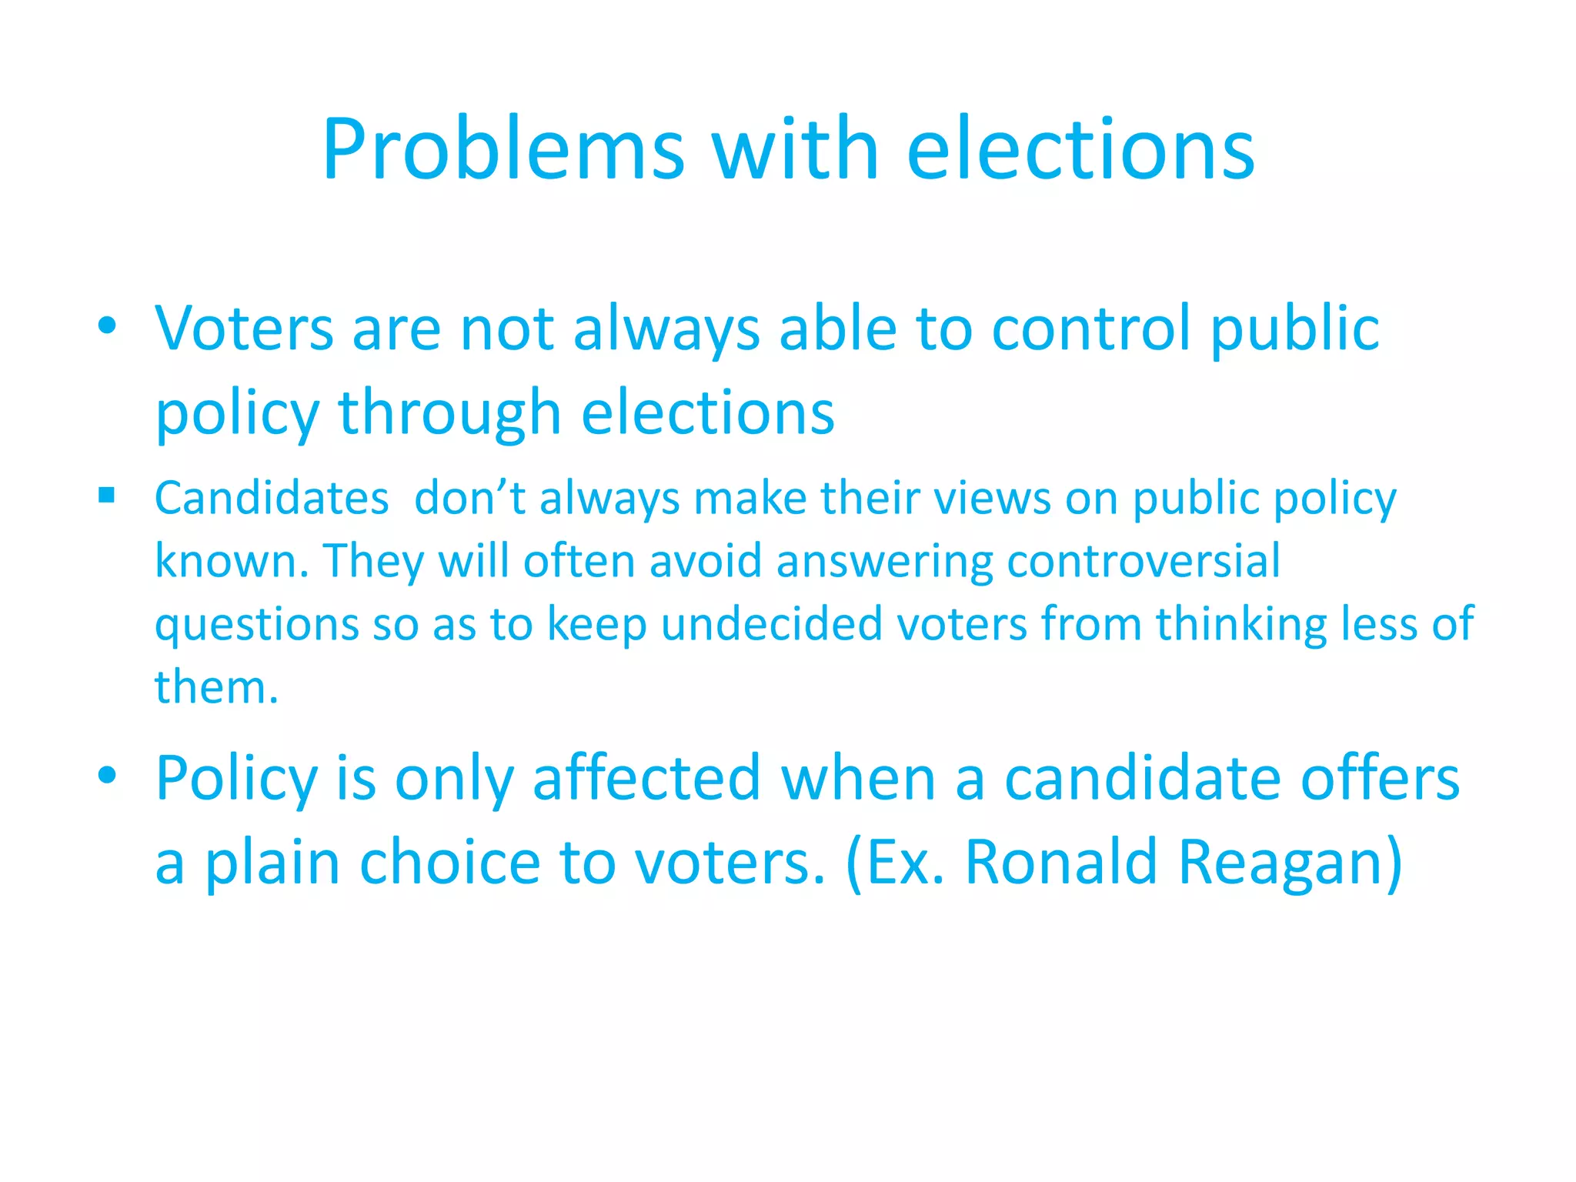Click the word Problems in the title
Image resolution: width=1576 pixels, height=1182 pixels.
coord(503,150)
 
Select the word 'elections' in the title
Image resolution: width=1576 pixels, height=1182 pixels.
coord(1080,150)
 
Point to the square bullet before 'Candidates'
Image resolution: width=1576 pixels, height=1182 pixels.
coord(107,495)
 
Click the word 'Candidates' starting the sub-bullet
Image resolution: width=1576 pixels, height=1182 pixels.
coord(272,498)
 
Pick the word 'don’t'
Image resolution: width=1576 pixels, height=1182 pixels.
coord(469,498)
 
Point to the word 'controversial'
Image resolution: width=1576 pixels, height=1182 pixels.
coord(1144,561)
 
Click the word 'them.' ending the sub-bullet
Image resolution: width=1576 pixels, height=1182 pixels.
coord(216,687)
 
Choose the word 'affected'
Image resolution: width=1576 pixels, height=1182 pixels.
coord(646,779)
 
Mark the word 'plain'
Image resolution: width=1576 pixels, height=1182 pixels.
coord(272,863)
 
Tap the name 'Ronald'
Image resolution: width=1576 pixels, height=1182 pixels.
coord(1061,862)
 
